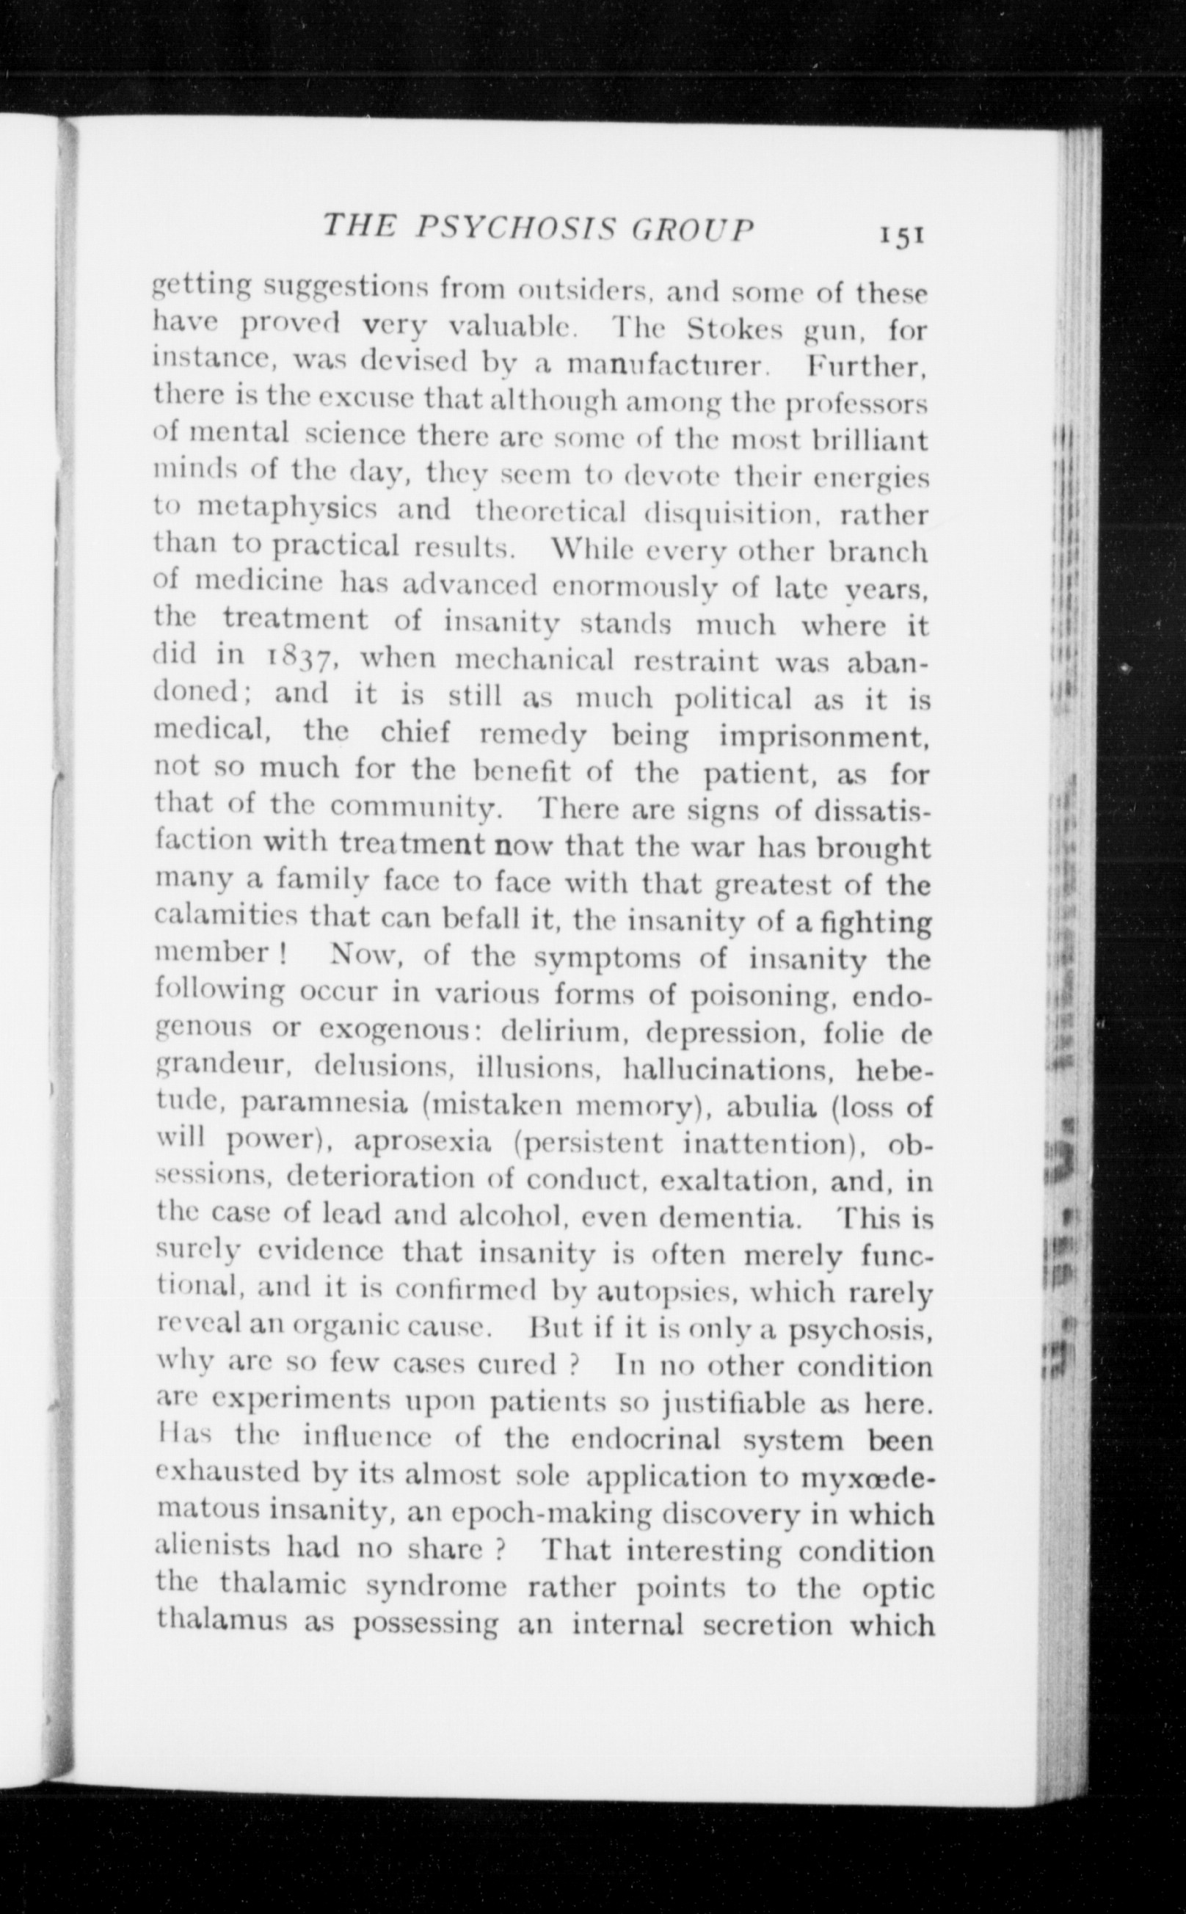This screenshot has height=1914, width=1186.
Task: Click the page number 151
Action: (903, 236)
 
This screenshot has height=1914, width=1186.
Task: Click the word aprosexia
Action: (423, 1142)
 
